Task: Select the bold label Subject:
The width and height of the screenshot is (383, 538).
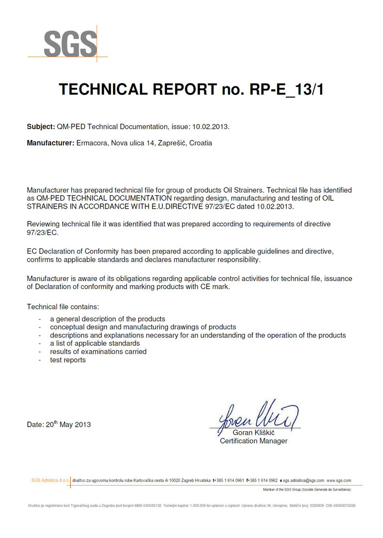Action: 41,127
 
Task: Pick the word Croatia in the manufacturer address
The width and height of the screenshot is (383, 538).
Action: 201,143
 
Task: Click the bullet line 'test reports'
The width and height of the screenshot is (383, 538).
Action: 68,360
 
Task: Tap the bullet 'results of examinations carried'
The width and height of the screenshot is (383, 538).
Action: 98,351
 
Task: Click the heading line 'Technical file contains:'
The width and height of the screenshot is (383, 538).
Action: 63,306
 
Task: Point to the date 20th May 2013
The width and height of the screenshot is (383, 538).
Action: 59,424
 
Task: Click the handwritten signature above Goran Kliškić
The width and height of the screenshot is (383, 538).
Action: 259,414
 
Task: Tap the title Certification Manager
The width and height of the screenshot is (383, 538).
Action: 253,441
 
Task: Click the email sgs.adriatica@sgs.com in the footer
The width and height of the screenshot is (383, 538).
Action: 304,480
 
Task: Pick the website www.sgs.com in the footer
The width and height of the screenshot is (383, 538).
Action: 339,480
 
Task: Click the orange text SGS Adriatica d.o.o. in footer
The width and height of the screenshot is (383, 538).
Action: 50,480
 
